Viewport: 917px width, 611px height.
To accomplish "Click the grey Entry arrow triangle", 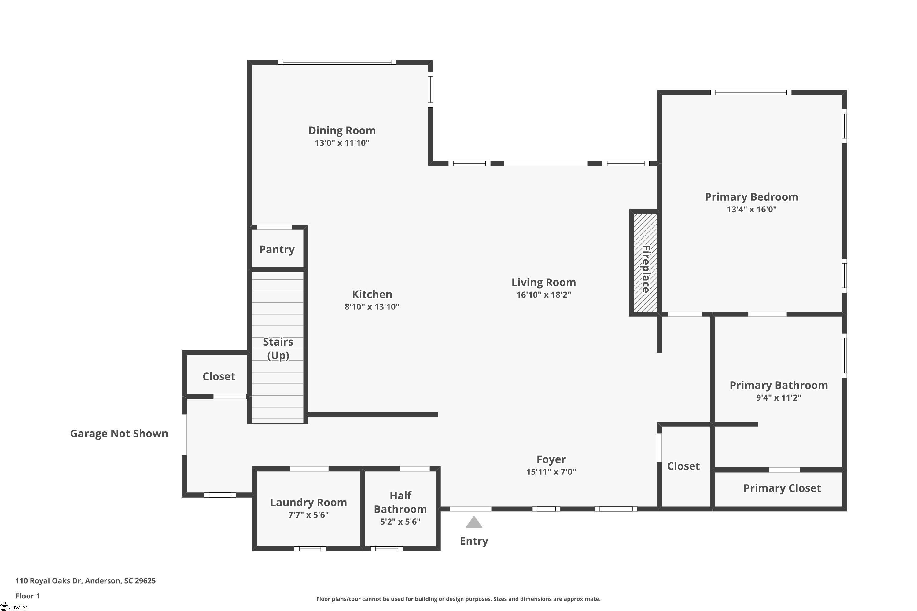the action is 474,522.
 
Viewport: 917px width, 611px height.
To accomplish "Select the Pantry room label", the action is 277,249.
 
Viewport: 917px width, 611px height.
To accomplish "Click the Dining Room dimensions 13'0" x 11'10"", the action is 342,143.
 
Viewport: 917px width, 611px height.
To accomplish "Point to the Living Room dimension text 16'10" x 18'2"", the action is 543,295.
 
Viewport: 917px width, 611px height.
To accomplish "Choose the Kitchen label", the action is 372,294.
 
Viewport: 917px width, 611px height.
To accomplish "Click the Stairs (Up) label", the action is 278,348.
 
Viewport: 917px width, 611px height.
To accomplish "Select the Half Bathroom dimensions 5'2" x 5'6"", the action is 400,521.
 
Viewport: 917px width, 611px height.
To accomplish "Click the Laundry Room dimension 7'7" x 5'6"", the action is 308,515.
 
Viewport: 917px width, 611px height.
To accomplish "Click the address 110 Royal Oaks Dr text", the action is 49,581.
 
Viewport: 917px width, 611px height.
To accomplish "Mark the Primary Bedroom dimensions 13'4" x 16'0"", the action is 751,209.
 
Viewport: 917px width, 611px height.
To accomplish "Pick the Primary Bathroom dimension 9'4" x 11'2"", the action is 778,397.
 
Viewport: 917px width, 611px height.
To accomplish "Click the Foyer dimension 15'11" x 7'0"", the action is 551,471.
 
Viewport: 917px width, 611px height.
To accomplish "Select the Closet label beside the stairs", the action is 219,376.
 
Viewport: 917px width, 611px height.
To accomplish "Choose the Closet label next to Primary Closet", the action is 683,466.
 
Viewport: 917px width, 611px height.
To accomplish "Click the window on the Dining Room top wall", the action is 337,62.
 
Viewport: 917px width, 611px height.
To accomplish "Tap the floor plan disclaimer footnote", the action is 458,599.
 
